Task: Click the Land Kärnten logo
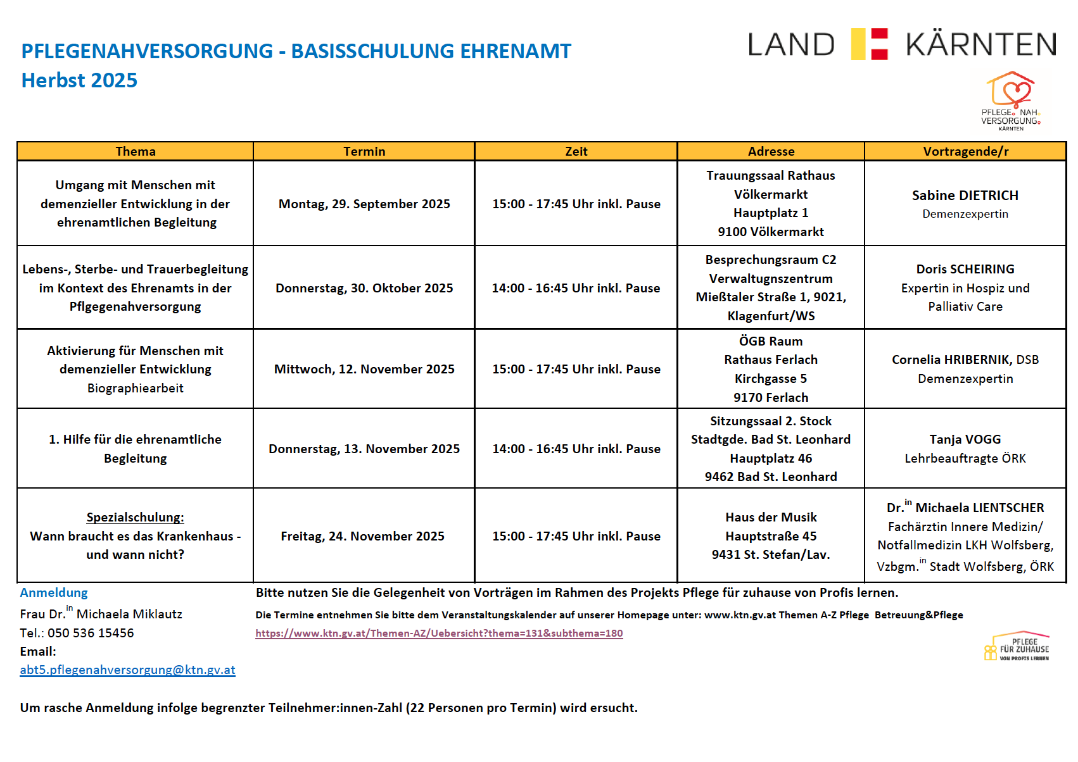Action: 902,44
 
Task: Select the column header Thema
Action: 136,151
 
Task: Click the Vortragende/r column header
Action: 965,151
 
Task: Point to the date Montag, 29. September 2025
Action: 364,204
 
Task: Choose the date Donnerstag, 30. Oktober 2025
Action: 364,288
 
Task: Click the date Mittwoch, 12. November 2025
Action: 364,369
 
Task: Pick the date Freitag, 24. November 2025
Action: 362,536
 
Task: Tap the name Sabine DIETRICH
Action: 965,196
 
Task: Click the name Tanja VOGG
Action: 965,439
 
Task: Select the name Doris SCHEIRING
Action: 965,269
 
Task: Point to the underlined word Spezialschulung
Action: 135,517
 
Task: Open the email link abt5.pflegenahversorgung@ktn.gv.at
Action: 127,670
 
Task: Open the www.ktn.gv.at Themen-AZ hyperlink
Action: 439,633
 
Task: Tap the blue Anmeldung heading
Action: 54,592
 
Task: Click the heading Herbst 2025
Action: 79,80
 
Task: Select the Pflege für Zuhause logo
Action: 1017,647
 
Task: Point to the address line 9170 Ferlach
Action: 771,397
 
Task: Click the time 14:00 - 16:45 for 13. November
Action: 576,449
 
